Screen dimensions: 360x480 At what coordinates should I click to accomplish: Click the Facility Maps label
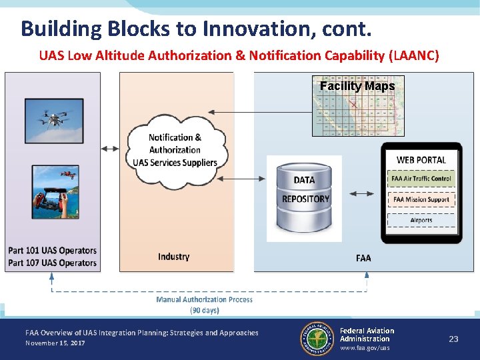click(x=357, y=86)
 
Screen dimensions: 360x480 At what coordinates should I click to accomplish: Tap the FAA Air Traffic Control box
click(x=421, y=179)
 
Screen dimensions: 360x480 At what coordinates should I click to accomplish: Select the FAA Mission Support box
click(x=421, y=199)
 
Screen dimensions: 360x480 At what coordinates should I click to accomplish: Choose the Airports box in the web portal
click(x=421, y=220)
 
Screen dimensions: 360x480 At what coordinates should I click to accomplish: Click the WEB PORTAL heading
click(x=421, y=160)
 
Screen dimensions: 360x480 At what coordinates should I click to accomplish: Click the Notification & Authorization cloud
click(x=175, y=150)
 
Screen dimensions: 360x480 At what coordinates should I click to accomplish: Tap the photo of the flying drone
click(x=53, y=120)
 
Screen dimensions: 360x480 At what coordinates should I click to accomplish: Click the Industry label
click(x=174, y=257)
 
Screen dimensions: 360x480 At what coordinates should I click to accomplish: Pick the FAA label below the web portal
click(x=363, y=258)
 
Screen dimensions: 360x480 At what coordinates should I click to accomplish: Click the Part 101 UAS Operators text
click(x=52, y=251)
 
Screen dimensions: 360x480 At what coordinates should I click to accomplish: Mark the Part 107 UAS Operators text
click(x=52, y=263)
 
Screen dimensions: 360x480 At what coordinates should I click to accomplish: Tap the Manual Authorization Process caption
click(x=204, y=299)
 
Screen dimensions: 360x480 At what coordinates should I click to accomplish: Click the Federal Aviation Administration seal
click(x=317, y=338)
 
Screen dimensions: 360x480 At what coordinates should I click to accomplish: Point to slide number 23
click(x=453, y=339)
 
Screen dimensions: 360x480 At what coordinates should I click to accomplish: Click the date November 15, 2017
click(x=55, y=343)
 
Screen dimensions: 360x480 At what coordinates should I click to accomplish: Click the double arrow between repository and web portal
click(x=362, y=193)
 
